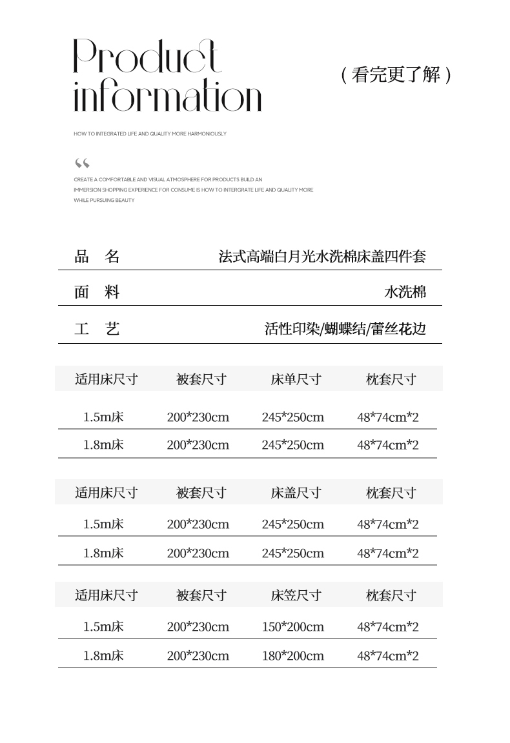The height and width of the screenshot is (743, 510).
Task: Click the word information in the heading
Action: point(167,97)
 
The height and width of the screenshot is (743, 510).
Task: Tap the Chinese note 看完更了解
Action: point(395,75)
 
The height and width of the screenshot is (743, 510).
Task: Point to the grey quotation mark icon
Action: point(82,163)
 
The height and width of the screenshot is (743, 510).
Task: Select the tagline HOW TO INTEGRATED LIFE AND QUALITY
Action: point(150,134)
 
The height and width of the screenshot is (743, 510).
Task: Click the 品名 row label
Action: point(97,257)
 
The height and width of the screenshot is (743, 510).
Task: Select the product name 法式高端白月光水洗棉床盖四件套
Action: point(322,257)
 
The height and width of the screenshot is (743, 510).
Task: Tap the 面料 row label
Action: point(97,292)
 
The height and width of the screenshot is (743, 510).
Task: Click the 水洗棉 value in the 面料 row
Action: point(405,292)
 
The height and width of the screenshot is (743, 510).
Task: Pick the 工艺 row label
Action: point(97,329)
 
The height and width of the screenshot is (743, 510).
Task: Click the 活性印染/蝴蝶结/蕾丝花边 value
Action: point(345,329)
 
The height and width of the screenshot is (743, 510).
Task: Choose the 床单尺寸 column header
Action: point(296,379)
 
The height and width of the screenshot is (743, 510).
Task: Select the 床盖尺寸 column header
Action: point(296,493)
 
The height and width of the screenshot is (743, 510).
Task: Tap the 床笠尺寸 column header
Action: point(296,595)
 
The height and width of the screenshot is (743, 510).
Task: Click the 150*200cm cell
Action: point(293,627)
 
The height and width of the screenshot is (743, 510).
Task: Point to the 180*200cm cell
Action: point(293,656)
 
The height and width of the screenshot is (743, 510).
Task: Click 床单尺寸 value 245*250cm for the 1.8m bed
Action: point(293,445)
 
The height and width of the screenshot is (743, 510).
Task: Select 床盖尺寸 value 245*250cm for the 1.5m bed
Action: point(293,524)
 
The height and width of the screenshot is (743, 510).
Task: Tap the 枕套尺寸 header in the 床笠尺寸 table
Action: point(391,595)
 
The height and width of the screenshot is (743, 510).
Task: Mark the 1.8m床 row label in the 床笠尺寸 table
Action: point(103,656)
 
